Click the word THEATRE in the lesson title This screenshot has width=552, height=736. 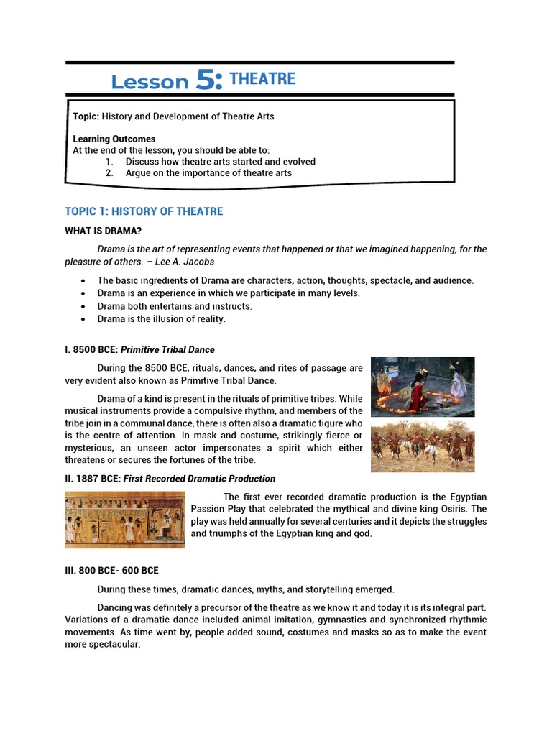pos(262,79)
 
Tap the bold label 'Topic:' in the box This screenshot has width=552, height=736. pos(86,116)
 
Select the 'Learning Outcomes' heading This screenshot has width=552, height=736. pos(114,139)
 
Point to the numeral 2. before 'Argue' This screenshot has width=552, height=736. pos(109,173)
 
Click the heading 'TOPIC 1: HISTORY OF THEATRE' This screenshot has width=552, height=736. pos(144,211)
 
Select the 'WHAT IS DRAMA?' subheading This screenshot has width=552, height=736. pos(103,231)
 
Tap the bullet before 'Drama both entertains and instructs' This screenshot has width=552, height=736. pos(85,306)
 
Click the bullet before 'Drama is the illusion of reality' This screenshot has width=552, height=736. pos(85,319)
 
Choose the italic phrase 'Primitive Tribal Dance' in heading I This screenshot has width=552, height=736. pos(167,350)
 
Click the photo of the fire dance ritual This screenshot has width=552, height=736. pos(423,386)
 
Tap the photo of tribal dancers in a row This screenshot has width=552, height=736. pos(423,447)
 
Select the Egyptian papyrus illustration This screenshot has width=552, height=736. pos(124,519)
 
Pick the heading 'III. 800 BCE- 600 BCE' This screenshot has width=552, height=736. pos(111,571)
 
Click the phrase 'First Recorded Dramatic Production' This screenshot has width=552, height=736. pos(199,479)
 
